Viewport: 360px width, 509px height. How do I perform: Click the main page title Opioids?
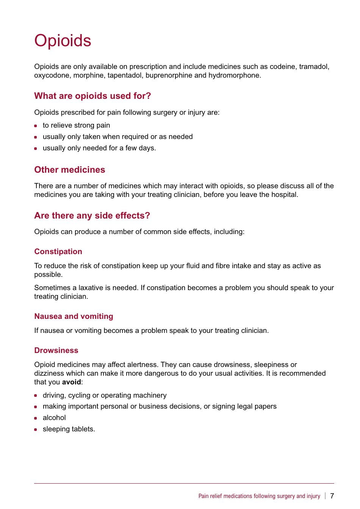coord(63,41)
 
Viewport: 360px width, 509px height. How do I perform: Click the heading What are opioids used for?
coord(92,96)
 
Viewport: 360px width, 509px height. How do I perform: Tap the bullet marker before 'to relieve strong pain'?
coord(36,126)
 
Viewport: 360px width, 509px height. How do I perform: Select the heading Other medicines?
coord(70,170)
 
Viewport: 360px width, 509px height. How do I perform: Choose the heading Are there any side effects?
coord(92,215)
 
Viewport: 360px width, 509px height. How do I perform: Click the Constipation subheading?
coord(58,251)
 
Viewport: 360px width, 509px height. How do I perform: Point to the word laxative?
coord(92,288)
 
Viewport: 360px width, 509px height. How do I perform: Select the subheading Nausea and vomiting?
coord(74,316)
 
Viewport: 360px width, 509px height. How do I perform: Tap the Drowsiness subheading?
coord(56,350)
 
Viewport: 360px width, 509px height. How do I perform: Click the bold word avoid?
coord(71,382)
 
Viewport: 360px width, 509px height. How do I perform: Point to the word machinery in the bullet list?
coord(149,395)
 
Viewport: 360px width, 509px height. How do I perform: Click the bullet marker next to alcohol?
coord(36,418)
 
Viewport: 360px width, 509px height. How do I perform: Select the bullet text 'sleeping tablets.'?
coord(69,429)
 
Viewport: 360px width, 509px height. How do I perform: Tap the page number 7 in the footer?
coord(332,496)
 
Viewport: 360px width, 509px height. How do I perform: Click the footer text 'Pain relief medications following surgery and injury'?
coord(259,496)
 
